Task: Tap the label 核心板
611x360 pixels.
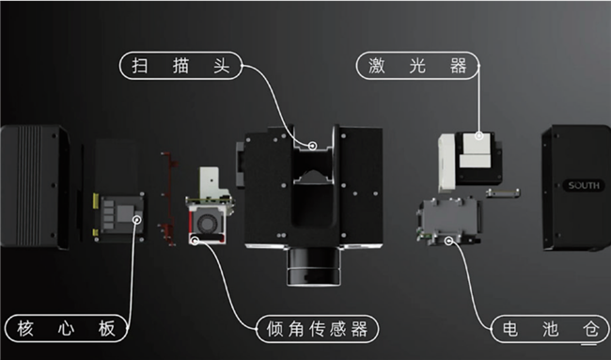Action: point(66,329)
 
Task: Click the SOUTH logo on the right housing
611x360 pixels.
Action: point(583,186)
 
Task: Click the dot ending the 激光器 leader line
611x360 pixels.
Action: point(480,135)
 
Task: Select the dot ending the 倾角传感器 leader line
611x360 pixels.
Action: point(196,241)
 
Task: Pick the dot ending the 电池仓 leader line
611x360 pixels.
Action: point(452,241)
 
